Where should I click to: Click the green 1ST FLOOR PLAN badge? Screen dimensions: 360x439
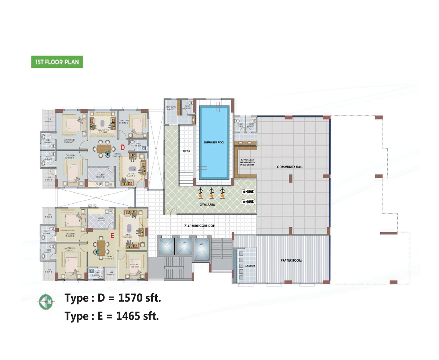pyautogui.click(x=57, y=62)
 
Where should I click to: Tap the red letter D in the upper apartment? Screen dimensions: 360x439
pyautogui.click(x=123, y=147)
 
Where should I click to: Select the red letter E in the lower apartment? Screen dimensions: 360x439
pyautogui.click(x=113, y=237)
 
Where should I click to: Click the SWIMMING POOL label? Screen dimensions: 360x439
pyautogui.click(x=214, y=142)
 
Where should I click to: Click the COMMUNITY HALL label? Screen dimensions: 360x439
pyautogui.click(x=290, y=167)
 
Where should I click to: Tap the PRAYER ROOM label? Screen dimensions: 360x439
pyautogui.click(x=291, y=261)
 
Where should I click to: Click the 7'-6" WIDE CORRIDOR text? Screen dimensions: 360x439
pyautogui.click(x=199, y=226)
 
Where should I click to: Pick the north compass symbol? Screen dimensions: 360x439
pyautogui.click(x=46, y=302)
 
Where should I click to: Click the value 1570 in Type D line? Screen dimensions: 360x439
pyautogui.click(x=129, y=298)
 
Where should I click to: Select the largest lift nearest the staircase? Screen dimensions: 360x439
pyautogui.click(x=201, y=249)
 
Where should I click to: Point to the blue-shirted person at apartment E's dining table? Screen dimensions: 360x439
pyautogui.click(x=98, y=252)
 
